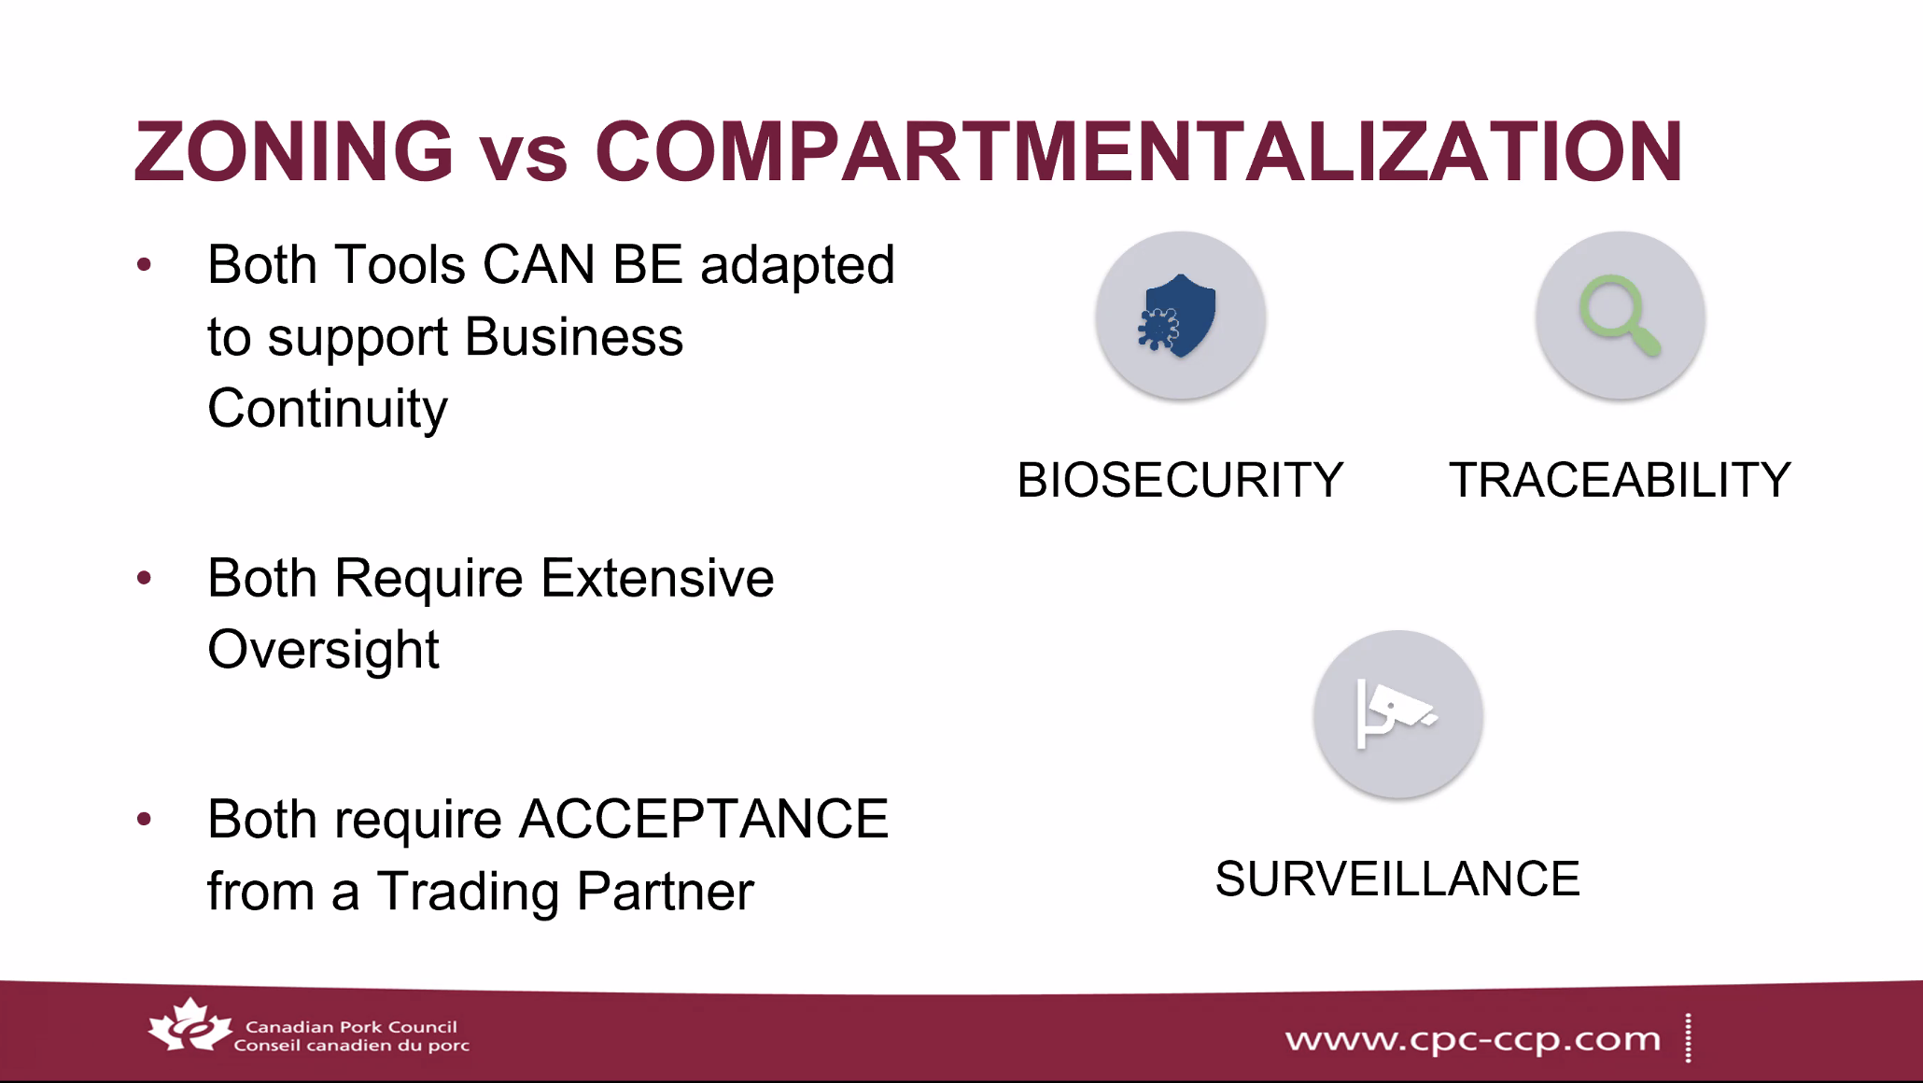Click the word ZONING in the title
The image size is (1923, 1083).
coord(294,151)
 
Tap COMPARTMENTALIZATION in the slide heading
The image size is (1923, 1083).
coord(1139,151)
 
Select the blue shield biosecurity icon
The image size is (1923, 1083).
coord(1178,316)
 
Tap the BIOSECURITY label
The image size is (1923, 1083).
coord(1180,480)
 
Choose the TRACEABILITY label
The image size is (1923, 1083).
coord(1620,480)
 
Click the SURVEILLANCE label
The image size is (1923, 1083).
coord(1397,879)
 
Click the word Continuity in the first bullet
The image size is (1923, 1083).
coord(328,409)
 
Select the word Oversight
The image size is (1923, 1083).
coord(323,651)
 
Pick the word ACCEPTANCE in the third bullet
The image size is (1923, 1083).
coord(704,819)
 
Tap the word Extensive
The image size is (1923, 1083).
coord(657,578)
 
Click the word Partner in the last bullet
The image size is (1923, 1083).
coord(665,891)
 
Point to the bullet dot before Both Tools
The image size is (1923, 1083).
coord(144,265)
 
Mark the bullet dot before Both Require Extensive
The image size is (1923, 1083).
coord(144,578)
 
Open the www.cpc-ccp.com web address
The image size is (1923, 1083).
coord(1473,1039)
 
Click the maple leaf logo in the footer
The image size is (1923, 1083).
coord(190,1025)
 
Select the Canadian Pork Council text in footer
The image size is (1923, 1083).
coord(351,1027)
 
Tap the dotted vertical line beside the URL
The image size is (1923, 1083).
coord(1688,1038)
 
